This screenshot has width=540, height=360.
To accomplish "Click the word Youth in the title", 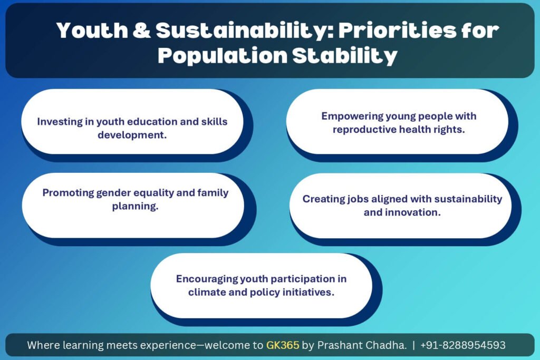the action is tap(92, 30).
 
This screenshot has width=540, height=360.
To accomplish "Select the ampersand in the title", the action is tap(141, 30).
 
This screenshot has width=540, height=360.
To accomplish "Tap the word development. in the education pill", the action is tap(132, 135).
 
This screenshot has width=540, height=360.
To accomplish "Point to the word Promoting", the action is tap(68, 193).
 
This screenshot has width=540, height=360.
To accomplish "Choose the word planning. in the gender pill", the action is tap(136, 206).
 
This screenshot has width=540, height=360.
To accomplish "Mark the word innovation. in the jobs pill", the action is tap(412, 212).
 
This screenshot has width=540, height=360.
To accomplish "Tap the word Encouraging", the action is tap(207, 279).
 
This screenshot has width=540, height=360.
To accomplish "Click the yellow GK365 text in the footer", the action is tap(283, 345).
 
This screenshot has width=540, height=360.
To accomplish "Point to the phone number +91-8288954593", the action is tap(463, 345).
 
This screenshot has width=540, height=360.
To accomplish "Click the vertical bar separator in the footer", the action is tap(413, 345).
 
